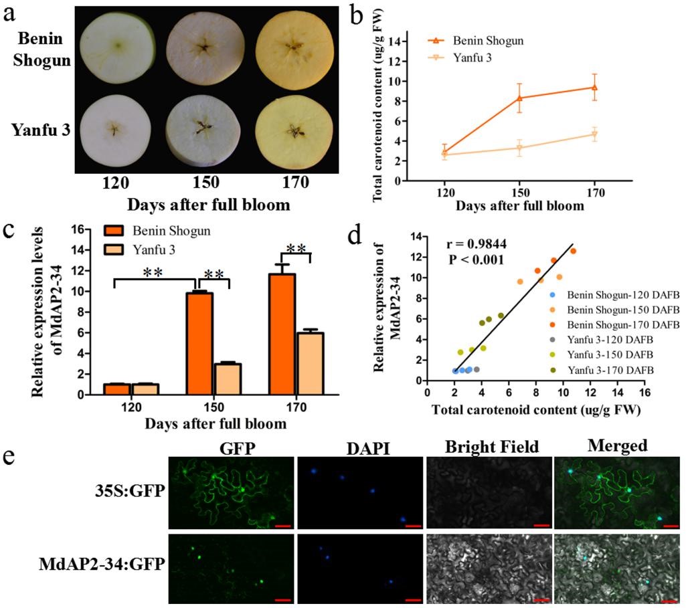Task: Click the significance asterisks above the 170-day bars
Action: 295,248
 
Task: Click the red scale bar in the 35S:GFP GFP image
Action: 281,526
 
